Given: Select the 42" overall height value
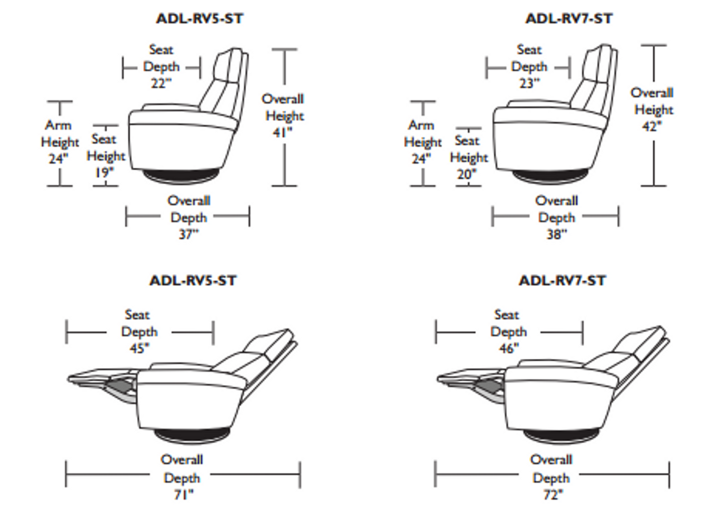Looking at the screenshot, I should pos(652,126).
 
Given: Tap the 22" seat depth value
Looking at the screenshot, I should pos(161,83).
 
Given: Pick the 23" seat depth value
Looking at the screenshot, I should pos(529,83).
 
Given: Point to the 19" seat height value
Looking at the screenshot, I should pos(104,172).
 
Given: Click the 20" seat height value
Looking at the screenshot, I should pos(466,174).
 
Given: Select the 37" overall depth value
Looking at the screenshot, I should pos(189,234).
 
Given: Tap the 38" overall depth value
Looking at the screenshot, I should pos(556,234).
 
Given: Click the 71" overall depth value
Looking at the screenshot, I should pos(183,495).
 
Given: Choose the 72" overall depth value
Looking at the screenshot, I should pos(552,495).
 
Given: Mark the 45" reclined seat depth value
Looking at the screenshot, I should pos(139,348).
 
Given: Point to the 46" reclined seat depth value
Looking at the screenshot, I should pos(509,348).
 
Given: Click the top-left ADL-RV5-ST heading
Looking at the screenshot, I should pos(200,19).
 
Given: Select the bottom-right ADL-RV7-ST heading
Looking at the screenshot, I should pos(562,280).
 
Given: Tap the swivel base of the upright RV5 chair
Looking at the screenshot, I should pos(181,176).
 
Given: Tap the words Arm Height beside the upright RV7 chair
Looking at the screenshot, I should pos(422,134).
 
